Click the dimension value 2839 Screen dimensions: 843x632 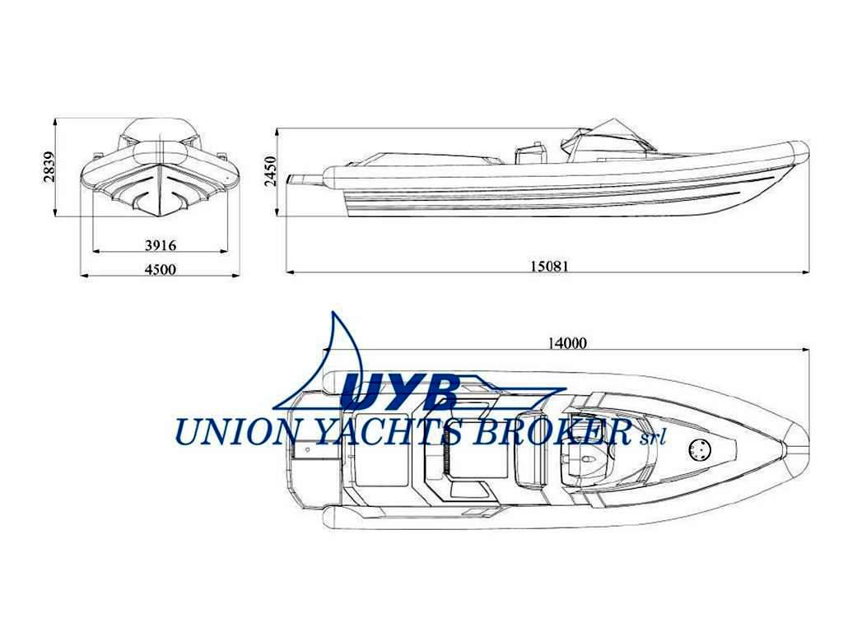49,167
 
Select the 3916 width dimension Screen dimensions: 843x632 161,245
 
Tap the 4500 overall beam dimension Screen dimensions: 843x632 161,269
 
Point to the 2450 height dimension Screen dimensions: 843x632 270,171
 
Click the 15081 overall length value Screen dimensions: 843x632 549,266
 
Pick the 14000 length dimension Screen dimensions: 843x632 567,342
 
